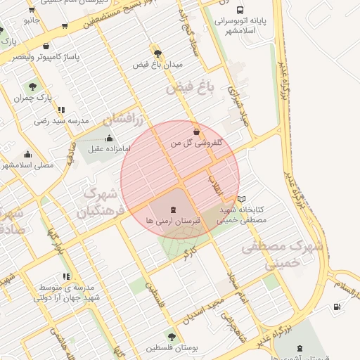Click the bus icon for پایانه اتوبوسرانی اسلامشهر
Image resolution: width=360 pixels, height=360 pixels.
(x=240, y=11)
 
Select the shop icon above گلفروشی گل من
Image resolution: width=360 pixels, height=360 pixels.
(x=195, y=131)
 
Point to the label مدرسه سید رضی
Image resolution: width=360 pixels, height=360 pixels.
(x=62, y=121)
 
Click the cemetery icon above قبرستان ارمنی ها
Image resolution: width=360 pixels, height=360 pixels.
(x=173, y=210)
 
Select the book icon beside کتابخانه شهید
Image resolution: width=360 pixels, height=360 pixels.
(x=242, y=199)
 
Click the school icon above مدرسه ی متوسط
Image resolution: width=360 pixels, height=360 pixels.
(x=66, y=277)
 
